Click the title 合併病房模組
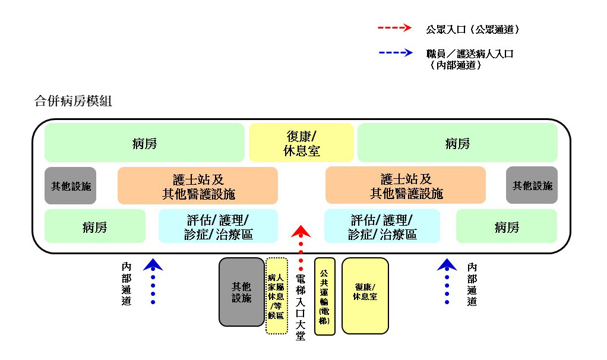pyautogui.click(x=73, y=101)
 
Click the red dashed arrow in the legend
pyautogui.click(x=394, y=27)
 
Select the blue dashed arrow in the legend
pyautogui.click(x=396, y=53)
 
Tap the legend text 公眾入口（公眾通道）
pyautogui.click(x=473, y=30)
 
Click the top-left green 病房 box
pyautogui.click(x=144, y=143)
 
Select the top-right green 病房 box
pyautogui.click(x=457, y=143)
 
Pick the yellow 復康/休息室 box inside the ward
pyautogui.click(x=301, y=143)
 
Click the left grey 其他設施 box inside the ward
pyautogui.click(x=71, y=185)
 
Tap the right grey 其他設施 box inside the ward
pyautogui.click(x=532, y=185)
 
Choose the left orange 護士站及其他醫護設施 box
pyautogui.click(x=198, y=185)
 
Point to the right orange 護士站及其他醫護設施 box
pyautogui.click(x=406, y=185)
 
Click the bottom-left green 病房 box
pyautogui.click(x=95, y=226)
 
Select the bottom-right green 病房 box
pyautogui.click(x=507, y=226)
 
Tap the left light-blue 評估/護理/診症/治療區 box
pyautogui.click(x=219, y=226)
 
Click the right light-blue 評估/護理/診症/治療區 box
pyautogui.click(x=382, y=226)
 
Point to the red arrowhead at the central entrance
pyautogui.click(x=301, y=231)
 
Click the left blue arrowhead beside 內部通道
pyautogui.click(x=153, y=264)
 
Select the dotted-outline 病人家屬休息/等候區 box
pyautogui.click(x=276, y=296)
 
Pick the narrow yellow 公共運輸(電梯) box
pyautogui.click(x=325, y=296)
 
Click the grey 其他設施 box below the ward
pyautogui.click(x=242, y=292)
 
